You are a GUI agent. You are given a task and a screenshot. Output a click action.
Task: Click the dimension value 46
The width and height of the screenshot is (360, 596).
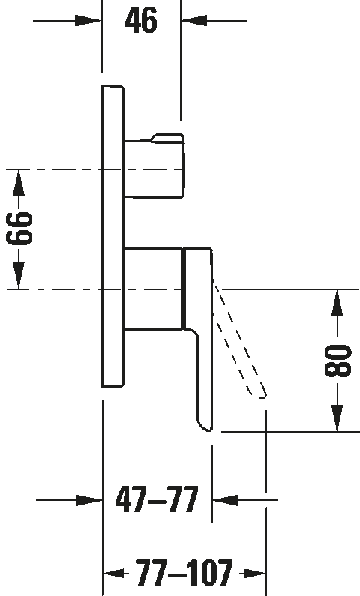coord(141,20)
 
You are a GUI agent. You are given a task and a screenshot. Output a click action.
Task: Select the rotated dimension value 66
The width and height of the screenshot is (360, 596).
coord(19,229)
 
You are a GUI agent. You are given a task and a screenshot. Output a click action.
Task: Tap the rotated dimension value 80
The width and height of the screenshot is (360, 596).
coord(337,361)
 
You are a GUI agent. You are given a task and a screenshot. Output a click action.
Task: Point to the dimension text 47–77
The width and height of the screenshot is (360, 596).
coord(157,499)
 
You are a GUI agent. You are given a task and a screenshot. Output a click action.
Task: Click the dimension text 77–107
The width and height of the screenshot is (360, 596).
coord(184,573)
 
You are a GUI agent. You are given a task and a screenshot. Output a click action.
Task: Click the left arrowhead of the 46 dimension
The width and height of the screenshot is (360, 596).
coord(88,20)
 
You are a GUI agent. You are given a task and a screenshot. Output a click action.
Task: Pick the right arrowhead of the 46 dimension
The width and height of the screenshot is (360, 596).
coord(194,20)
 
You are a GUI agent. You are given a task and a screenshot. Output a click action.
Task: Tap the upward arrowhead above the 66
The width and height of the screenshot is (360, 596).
coord(19,183)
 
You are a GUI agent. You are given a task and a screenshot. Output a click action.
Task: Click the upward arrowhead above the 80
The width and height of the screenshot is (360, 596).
coord(337,303)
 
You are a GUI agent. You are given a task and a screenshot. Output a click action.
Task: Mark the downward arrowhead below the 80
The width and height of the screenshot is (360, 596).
coord(337,418)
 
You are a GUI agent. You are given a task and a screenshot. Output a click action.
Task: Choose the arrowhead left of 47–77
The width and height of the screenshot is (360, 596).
coord(89,500)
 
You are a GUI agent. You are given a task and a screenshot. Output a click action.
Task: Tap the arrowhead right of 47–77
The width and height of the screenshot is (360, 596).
coord(226,500)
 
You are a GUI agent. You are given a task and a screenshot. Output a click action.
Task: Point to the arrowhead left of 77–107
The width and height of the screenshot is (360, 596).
coord(114,573)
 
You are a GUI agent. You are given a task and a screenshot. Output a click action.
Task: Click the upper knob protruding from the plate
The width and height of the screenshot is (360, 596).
coord(154,166)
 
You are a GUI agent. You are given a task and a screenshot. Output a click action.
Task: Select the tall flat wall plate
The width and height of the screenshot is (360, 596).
coord(112,236)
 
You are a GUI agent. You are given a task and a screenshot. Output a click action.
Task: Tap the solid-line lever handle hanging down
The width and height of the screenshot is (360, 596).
coord(198,338)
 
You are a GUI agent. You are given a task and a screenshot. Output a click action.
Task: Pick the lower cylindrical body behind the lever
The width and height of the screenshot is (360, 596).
coord(153,289)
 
